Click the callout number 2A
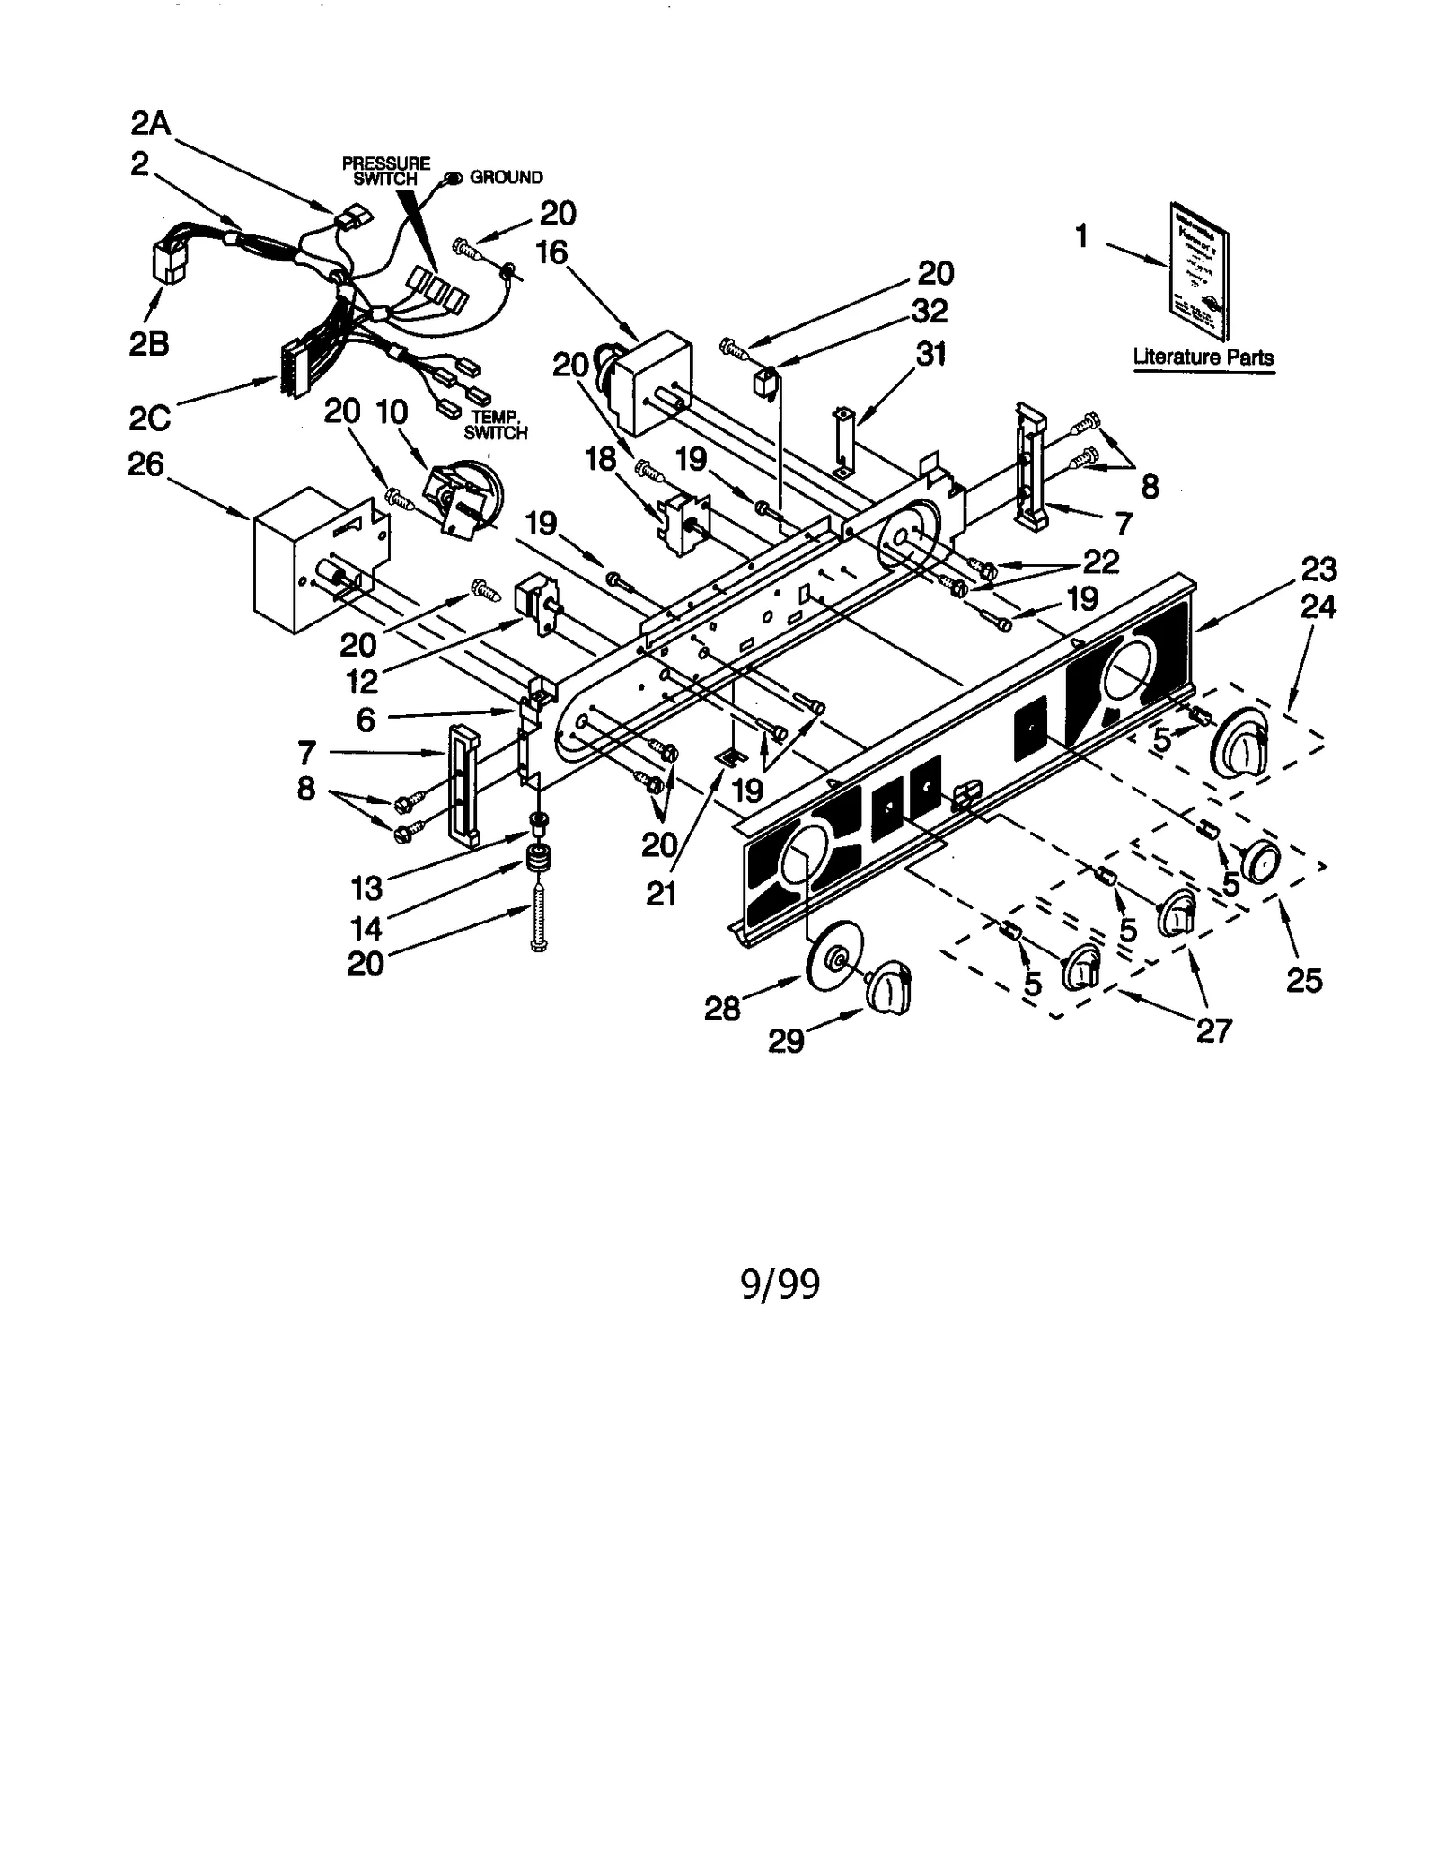click(151, 122)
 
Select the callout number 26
click(146, 464)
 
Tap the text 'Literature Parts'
click(1203, 357)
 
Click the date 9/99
click(780, 1284)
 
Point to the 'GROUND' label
click(506, 178)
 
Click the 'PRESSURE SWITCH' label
click(386, 171)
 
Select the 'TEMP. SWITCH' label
click(495, 425)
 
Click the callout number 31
click(931, 354)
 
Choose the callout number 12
click(362, 681)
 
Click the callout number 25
click(1304, 979)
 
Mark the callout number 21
click(661, 893)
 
